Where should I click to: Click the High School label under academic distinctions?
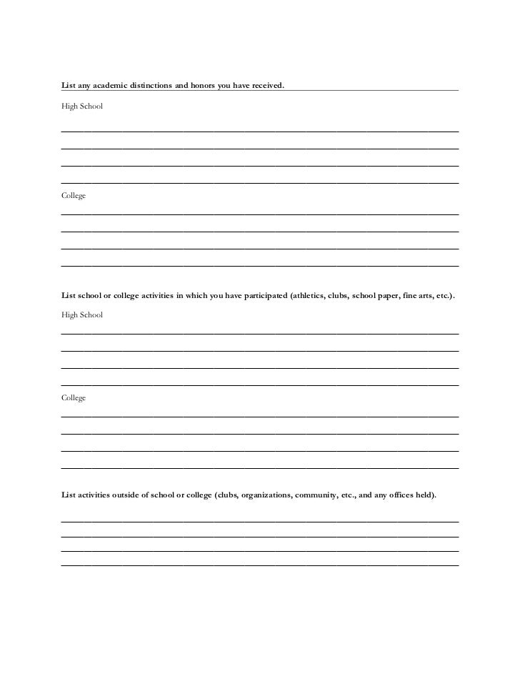click(82, 106)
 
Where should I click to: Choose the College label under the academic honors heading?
click(74, 196)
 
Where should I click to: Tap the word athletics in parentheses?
click(309, 294)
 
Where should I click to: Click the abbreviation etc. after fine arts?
click(444, 294)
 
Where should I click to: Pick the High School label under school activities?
click(82, 315)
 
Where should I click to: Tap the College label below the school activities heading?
click(74, 398)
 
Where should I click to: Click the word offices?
click(403, 495)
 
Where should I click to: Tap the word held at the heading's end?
click(427, 495)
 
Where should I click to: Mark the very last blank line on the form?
click(259, 565)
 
